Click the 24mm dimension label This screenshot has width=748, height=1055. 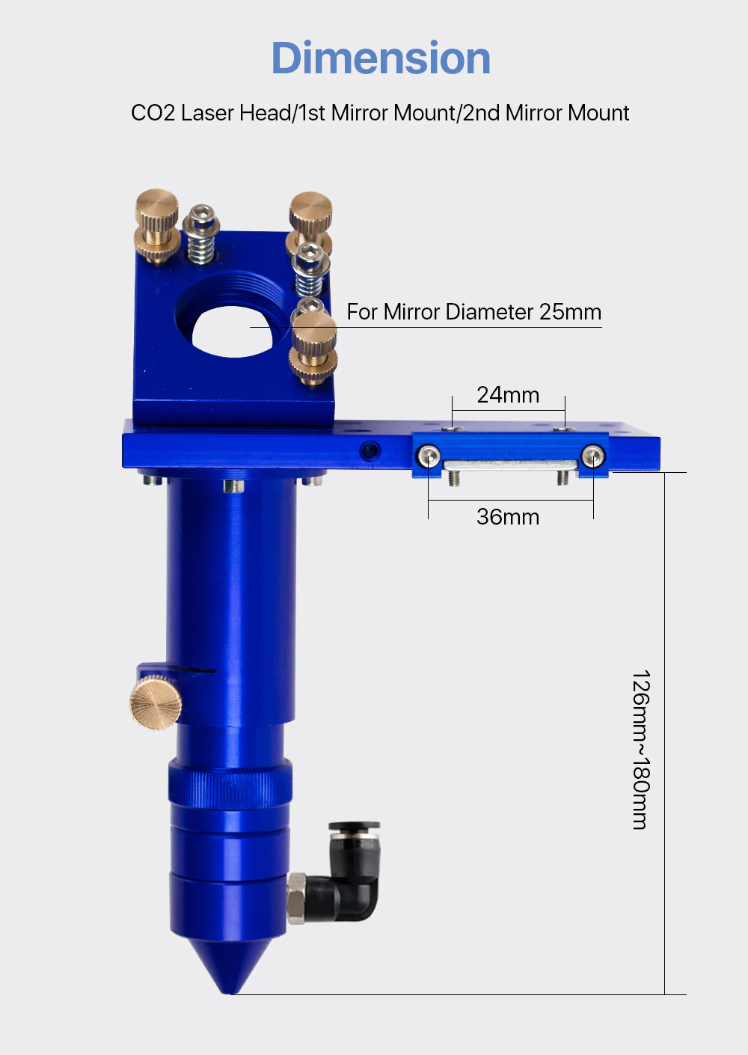click(508, 394)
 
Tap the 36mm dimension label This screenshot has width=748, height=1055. click(508, 517)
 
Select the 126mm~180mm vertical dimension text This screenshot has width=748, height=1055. click(641, 749)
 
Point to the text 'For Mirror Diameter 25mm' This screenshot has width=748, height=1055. click(474, 311)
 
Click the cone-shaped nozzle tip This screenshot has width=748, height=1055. click(230, 965)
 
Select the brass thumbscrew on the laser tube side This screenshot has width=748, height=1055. click(156, 703)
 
